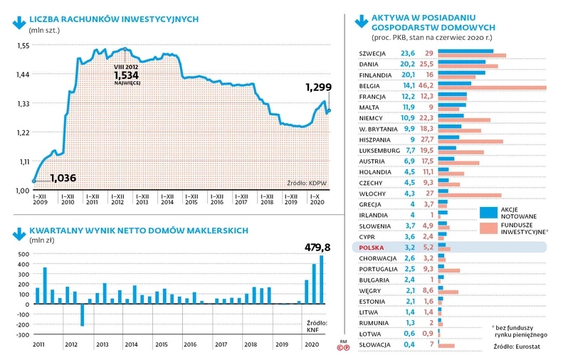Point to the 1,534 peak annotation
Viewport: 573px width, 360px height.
(126, 75)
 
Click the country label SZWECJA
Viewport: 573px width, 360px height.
(373, 53)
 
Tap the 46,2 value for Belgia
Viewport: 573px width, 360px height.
(427, 85)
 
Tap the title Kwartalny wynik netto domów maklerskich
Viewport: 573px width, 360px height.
(138, 231)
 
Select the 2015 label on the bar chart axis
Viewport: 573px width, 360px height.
(161, 344)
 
